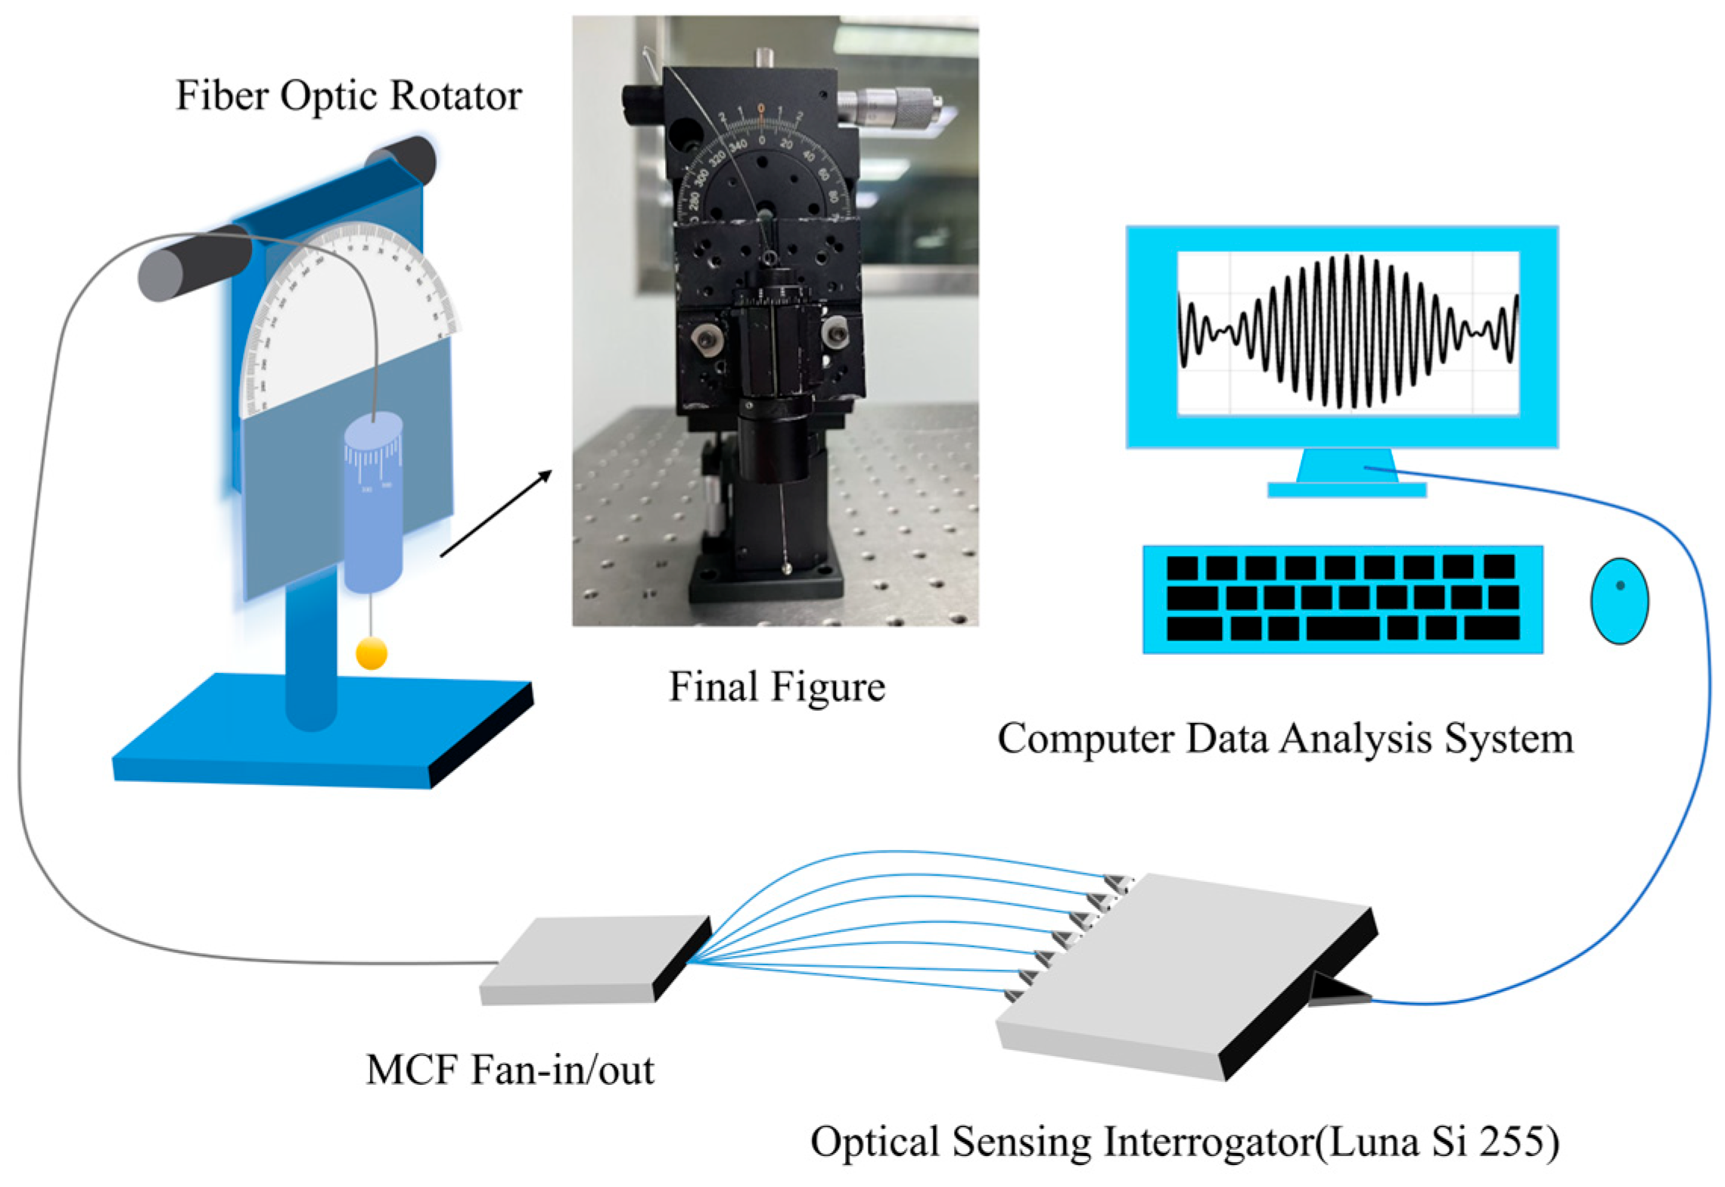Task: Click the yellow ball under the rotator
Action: click(371, 653)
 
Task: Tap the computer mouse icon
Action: click(1619, 600)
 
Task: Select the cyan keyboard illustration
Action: click(1342, 599)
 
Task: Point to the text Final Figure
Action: click(777, 687)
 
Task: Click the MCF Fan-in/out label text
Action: click(510, 1070)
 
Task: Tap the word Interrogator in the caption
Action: click(1208, 1142)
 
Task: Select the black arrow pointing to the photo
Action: click(496, 513)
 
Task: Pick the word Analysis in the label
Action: click(1354, 739)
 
